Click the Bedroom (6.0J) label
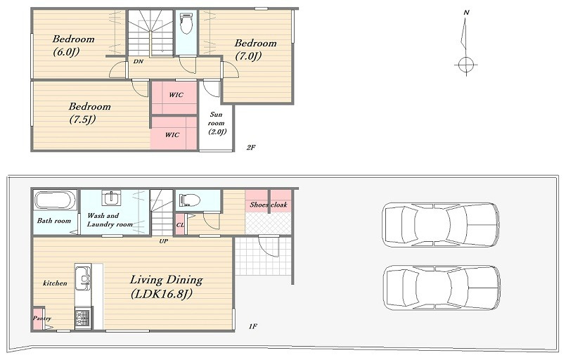click(73, 45)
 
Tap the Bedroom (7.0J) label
click(255, 50)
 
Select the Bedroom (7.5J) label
click(89, 113)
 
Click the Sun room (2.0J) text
click(217, 123)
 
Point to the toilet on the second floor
click(186, 23)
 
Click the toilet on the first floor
click(190, 200)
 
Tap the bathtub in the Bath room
click(55, 200)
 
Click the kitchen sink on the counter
click(83, 278)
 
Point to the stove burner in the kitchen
click(83, 318)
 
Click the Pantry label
click(41, 319)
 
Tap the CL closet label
click(180, 225)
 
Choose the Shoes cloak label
click(269, 205)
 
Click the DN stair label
click(138, 61)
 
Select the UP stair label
click(163, 241)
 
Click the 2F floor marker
click(251, 147)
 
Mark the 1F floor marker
click(252, 326)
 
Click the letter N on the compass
click(466, 13)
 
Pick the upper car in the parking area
click(441, 225)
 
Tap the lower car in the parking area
click(442, 288)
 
